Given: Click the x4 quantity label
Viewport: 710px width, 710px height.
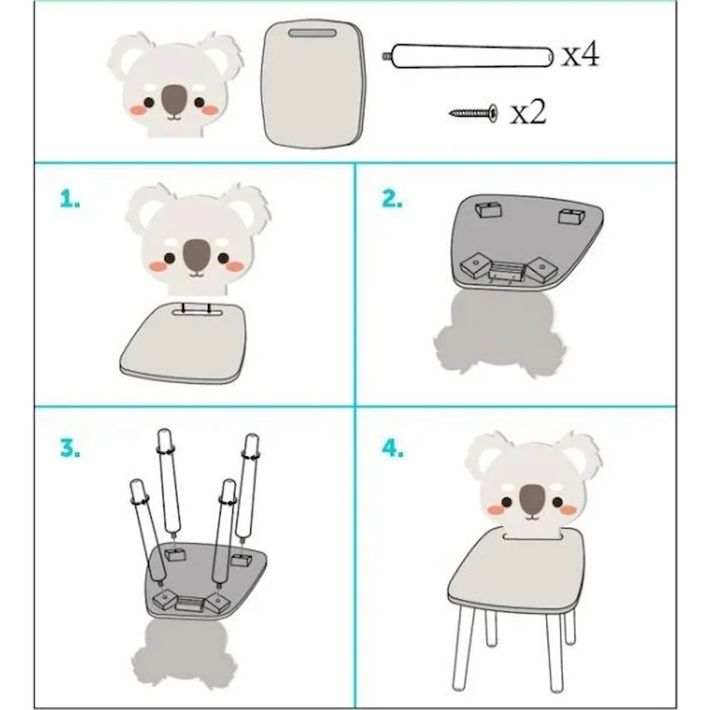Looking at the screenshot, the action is click(x=581, y=54).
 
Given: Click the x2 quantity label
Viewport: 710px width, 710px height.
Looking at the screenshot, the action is click(x=529, y=112).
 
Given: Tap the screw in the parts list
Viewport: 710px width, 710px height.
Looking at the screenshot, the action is click(x=473, y=112).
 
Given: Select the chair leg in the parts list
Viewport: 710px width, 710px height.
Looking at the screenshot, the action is click(x=467, y=56).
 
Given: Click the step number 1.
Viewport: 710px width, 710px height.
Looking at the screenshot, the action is click(x=70, y=198).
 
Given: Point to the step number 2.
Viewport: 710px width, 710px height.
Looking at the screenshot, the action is click(x=392, y=198).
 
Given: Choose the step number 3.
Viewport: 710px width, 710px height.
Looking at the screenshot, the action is click(x=70, y=448).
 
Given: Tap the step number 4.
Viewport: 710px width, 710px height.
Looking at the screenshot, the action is click(x=392, y=448).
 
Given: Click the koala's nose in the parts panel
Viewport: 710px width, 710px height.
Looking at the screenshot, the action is click(x=175, y=100).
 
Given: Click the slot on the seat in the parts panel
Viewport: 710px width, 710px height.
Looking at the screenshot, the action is click(x=312, y=33).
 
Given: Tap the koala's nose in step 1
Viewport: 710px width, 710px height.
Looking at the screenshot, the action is click(x=197, y=255).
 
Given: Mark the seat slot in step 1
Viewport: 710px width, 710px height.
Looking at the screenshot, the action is click(x=196, y=312).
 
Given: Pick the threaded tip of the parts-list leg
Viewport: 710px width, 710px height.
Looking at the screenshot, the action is click(x=386, y=56).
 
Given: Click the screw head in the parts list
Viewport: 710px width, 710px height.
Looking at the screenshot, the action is click(x=493, y=112).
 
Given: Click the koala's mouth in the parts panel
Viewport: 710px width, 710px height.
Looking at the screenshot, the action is click(x=175, y=117).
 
